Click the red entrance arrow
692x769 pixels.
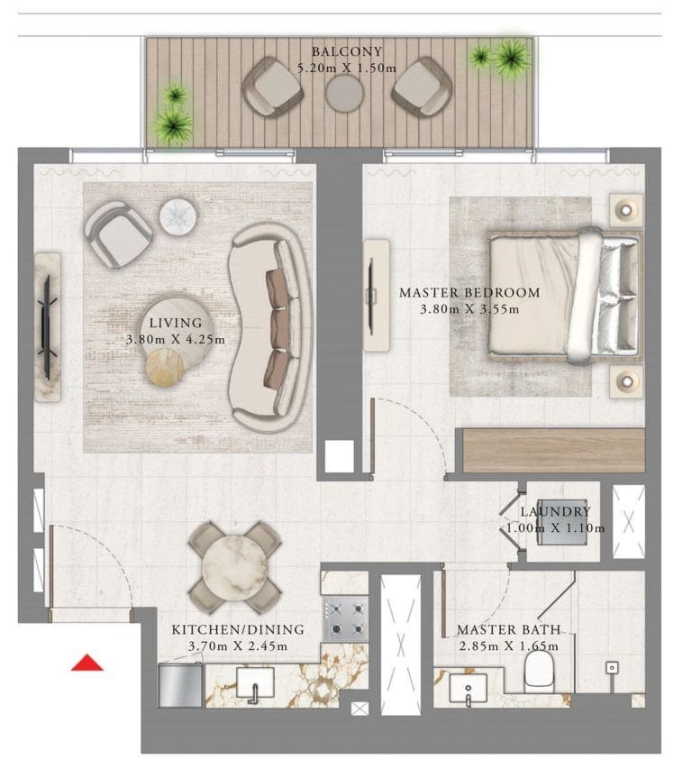87,664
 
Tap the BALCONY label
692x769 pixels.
346,51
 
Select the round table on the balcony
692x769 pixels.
345,93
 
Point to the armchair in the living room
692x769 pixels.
118,233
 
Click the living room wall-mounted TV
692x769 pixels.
47,326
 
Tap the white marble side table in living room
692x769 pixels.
178,216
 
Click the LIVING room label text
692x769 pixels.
176,323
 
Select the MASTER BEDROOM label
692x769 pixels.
469,293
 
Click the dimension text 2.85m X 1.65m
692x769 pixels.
508,645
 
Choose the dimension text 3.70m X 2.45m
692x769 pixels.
238,645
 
